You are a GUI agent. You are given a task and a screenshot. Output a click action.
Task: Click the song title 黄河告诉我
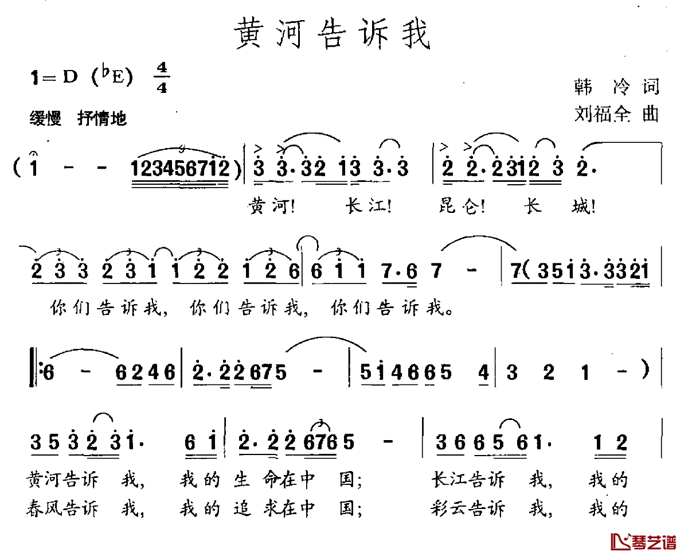(x=332, y=33)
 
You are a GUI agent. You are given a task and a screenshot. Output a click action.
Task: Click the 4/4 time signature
(x=162, y=77)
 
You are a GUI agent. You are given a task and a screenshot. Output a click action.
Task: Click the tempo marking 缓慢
(x=45, y=118)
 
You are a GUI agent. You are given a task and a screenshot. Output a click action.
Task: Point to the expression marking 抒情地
(x=102, y=118)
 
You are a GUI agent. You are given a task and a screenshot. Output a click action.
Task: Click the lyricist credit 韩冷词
(x=616, y=87)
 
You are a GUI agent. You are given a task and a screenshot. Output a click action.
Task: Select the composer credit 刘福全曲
(x=616, y=114)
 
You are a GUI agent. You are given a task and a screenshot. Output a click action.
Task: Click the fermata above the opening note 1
(x=34, y=154)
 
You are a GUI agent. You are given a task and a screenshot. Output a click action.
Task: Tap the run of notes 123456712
(x=179, y=168)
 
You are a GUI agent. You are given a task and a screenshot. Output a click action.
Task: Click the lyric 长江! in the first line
(x=368, y=206)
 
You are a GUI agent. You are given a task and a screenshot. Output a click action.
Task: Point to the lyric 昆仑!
(x=462, y=206)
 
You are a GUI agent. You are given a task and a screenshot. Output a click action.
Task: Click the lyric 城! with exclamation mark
(x=583, y=206)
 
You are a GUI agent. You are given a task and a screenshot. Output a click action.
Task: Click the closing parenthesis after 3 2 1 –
(x=646, y=370)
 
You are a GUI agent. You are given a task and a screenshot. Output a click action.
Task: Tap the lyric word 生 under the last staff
(x=242, y=479)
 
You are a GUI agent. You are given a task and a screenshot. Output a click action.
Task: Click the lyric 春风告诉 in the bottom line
(x=62, y=508)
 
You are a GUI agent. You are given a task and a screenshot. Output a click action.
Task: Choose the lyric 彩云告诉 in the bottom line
(x=468, y=508)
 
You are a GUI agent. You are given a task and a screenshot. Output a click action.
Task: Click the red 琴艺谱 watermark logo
(x=643, y=542)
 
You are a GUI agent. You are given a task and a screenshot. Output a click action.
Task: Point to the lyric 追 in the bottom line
(x=242, y=508)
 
